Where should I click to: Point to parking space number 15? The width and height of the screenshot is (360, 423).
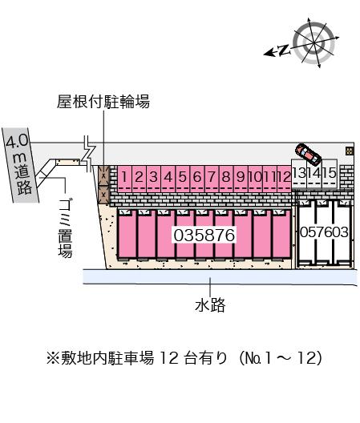tap(330, 174)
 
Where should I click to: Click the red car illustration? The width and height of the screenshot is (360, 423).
tap(308, 154)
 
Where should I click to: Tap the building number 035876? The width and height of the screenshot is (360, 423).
tap(204, 235)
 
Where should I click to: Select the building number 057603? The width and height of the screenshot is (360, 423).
tap(324, 232)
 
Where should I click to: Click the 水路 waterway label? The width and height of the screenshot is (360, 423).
tap(210, 305)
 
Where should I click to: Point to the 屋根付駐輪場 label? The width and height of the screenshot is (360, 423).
tap(103, 102)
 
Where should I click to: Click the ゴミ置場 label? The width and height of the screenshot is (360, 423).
tap(65, 229)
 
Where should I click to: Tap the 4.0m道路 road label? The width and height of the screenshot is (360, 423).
tap(19, 164)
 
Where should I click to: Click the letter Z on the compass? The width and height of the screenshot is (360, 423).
tap(284, 50)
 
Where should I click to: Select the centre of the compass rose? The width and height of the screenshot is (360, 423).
tap(314, 43)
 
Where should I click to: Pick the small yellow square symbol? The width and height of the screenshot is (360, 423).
tap(350, 151)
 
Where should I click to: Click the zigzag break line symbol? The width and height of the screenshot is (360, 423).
tap(88, 154)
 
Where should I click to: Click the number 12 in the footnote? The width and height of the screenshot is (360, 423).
tap(169, 358)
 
